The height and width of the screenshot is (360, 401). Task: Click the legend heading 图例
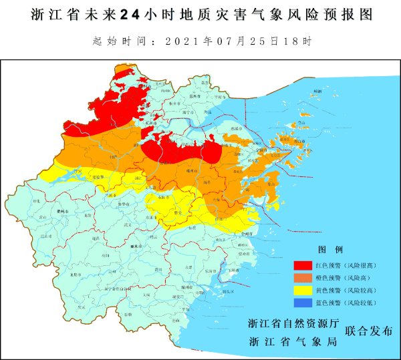(x=331, y=249)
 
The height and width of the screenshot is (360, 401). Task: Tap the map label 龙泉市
(x=75, y=275)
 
